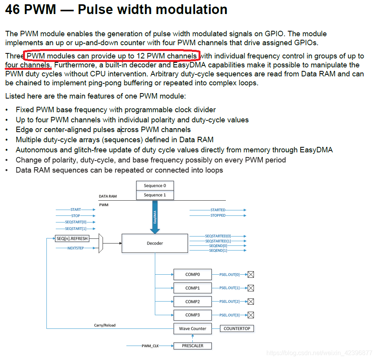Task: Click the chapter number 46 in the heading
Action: pos(12,9)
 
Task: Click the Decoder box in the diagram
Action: pos(155,243)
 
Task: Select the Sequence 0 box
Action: pos(155,186)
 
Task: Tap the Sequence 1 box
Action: pos(155,195)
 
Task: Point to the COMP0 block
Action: pos(193,274)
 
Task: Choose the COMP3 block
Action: pos(193,315)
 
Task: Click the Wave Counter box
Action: pos(193,328)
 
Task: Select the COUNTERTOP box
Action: pos(237,328)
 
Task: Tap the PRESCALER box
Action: pos(193,346)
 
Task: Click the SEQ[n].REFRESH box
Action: pos(73,238)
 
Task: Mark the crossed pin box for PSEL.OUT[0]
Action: pos(251,275)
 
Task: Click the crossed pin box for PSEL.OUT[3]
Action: pos(251,315)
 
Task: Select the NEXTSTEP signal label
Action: pos(76,248)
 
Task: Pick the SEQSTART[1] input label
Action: pos(76,229)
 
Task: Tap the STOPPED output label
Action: pos(218,215)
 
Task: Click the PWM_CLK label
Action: pos(151,346)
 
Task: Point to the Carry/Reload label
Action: pos(105,325)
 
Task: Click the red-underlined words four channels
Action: pos(28,65)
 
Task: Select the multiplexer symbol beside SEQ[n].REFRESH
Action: pos(101,244)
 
